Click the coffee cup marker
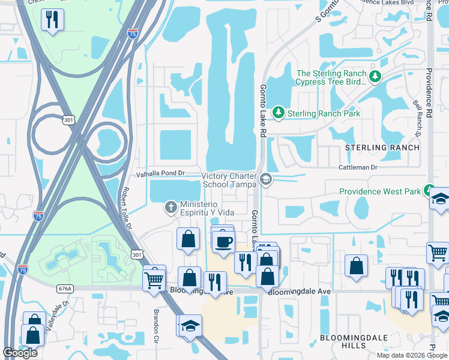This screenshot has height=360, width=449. [x=224, y=242]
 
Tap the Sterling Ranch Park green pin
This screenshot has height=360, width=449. [x=278, y=112]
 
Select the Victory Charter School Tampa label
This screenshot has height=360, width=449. [x=228, y=180]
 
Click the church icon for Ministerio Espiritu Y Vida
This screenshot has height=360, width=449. [x=170, y=208]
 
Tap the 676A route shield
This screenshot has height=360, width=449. [x=65, y=289]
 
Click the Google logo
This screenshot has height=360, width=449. [x=20, y=353]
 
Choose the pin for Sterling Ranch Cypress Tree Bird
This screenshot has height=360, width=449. [x=375, y=76]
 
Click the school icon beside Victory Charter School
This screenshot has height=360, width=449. [x=265, y=179]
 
